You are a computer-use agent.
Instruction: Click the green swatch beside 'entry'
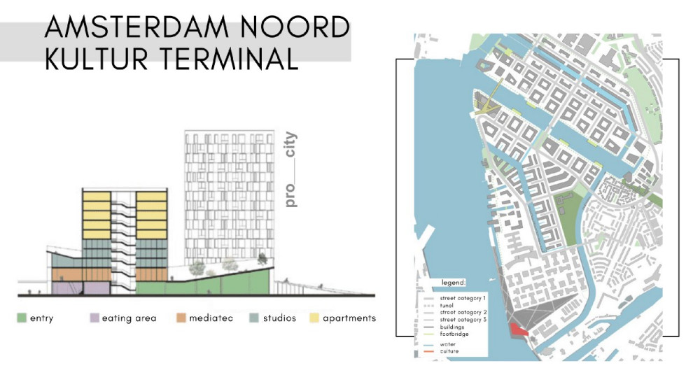(x=22, y=318)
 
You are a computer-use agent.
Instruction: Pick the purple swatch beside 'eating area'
(x=94, y=318)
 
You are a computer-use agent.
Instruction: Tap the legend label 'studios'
(x=279, y=318)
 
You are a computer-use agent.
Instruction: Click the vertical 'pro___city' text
(x=291, y=170)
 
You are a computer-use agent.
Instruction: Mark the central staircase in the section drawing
(x=124, y=238)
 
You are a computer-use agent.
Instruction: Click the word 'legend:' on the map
(x=453, y=282)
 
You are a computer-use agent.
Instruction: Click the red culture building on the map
(x=518, y=330)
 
